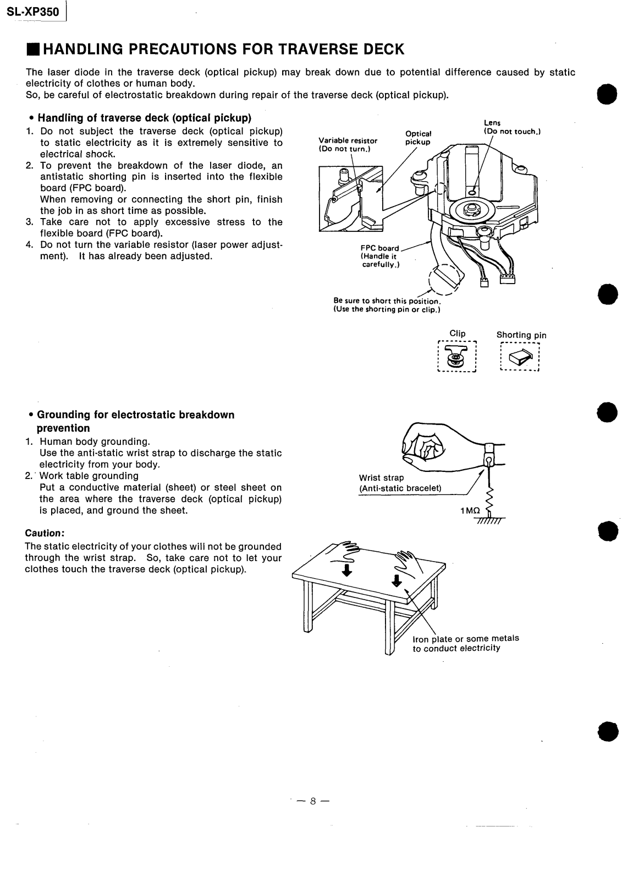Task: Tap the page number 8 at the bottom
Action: pos(312,801)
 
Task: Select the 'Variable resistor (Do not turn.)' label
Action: pos(348,145)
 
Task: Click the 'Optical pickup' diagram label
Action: pos(418,138)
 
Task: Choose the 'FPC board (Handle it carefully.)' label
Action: pos(380,256)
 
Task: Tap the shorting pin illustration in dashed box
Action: pos(520,358)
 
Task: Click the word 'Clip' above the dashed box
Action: pos(458,334)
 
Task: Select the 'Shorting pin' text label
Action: pos(521,335)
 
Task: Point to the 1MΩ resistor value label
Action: pos(470,511)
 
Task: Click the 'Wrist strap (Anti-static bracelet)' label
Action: pos(400,483)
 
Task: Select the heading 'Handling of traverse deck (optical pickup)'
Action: pos(144,118)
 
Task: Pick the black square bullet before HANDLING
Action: pos(32,50)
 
